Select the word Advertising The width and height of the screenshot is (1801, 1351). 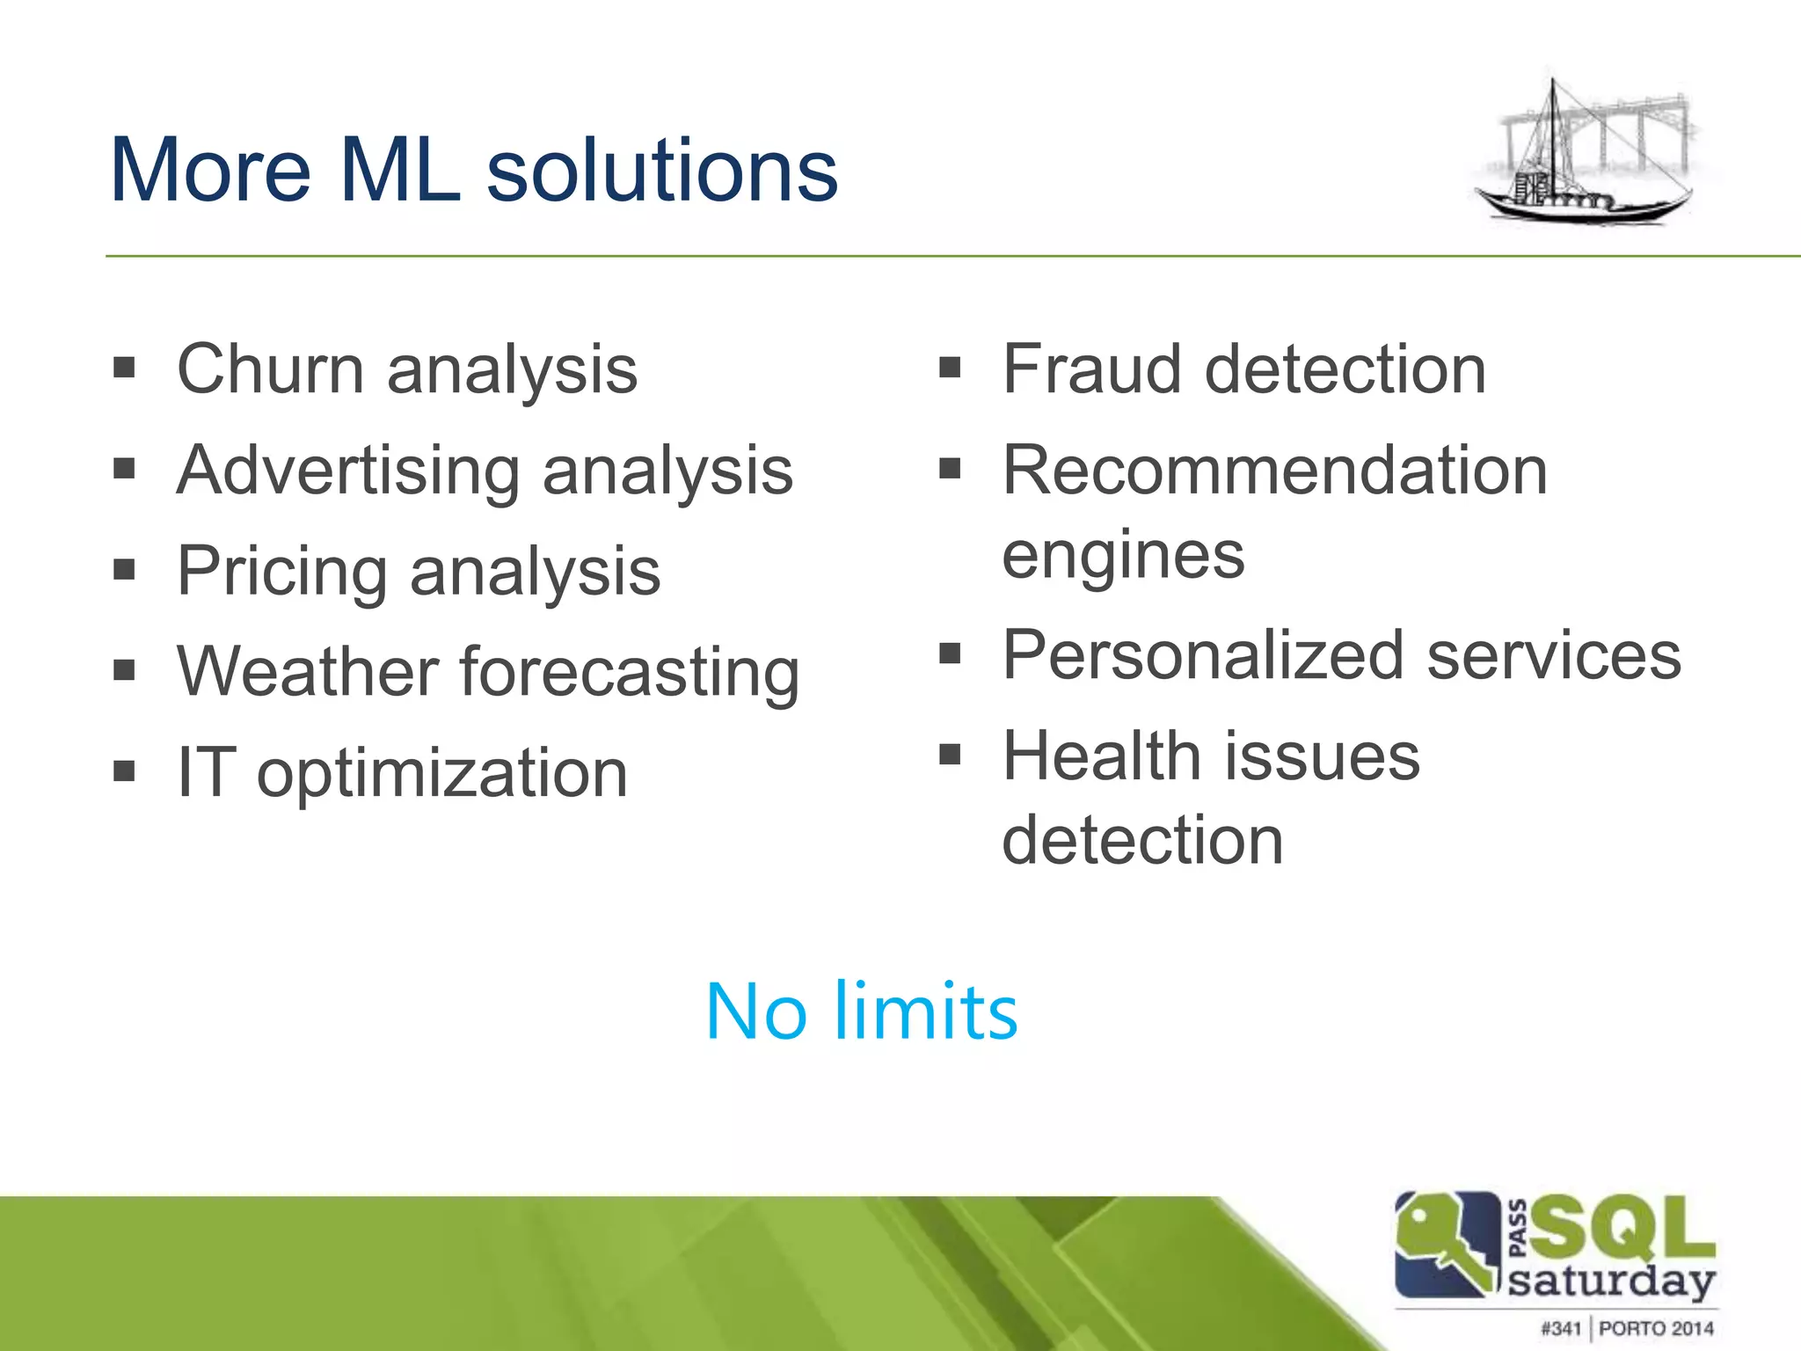[348, 471]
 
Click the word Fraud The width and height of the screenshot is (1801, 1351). [1092, 369]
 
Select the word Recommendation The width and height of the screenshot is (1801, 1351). [1274, 471]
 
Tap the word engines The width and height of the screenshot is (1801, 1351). [1123, 556]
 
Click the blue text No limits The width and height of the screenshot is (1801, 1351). [861, 1012]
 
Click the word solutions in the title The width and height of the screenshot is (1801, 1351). [662, 171]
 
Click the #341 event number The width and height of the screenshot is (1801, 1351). [1560, 1327]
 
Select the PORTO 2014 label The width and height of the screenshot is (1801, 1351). [1656, 1327]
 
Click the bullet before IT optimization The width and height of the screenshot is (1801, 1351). [124, 771]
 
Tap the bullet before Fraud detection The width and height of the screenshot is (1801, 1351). [950, 367]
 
